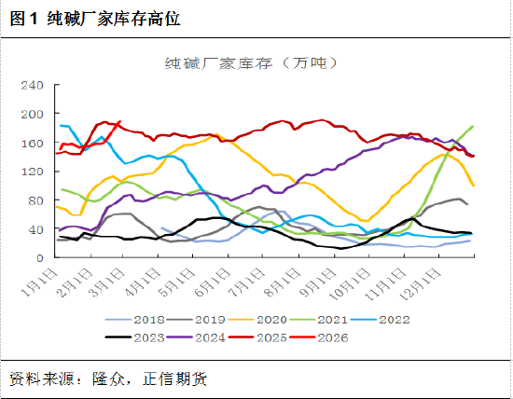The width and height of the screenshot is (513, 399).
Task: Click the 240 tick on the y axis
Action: (x=32, y=85)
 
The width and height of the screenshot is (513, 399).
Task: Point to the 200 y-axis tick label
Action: (x=32, y=114)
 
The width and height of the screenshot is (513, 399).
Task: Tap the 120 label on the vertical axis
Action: (x=32, y=172)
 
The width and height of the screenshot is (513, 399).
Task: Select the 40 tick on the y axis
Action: (x=35, y=229)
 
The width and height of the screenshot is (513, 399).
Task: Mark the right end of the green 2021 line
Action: (x=473, y=126)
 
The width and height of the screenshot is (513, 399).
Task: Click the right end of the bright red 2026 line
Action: (x=120, y=122)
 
